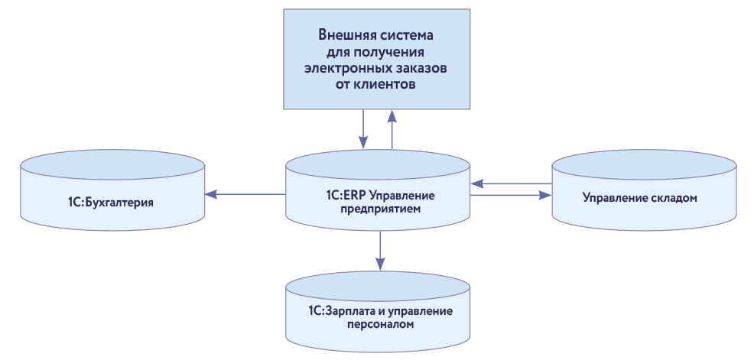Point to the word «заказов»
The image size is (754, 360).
(x=421, y=69)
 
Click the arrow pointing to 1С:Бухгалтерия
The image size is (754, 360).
(x=245, y=195)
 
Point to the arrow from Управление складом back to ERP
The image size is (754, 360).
(x=511, y=183)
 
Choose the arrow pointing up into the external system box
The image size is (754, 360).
(x=392, y=128)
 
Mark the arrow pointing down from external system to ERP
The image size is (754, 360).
(x=364, y=128)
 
